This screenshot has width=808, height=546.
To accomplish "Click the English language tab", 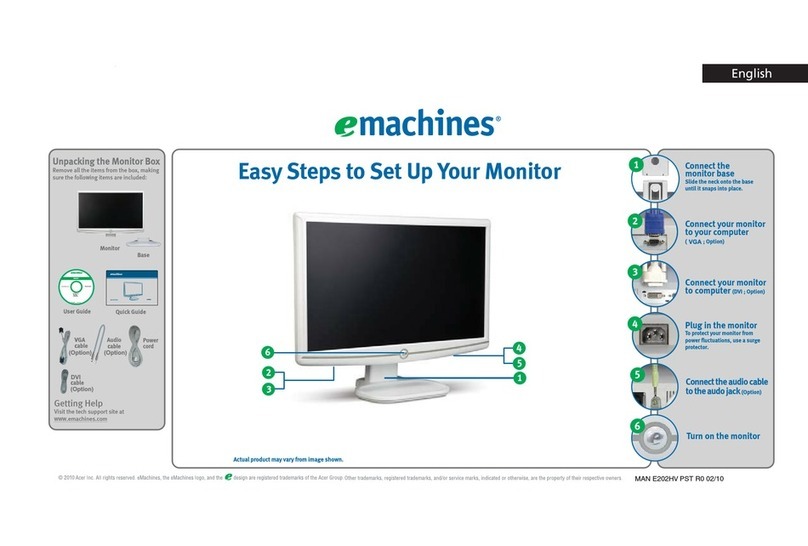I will point(750,72).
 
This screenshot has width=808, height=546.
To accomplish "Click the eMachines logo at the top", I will point(414,124).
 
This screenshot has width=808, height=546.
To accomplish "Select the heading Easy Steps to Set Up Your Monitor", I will point(399,171).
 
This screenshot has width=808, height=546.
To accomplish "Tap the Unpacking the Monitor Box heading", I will point(105,160).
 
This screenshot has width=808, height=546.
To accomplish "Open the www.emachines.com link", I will point(80,420).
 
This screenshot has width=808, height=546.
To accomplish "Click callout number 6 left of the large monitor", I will point(267,351).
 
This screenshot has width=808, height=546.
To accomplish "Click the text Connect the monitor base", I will point(710,170).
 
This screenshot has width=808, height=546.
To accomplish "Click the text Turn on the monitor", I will point(722,436).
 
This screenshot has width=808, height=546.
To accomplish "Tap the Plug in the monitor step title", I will point(720,325).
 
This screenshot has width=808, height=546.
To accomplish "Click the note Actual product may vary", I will point(287,459).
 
